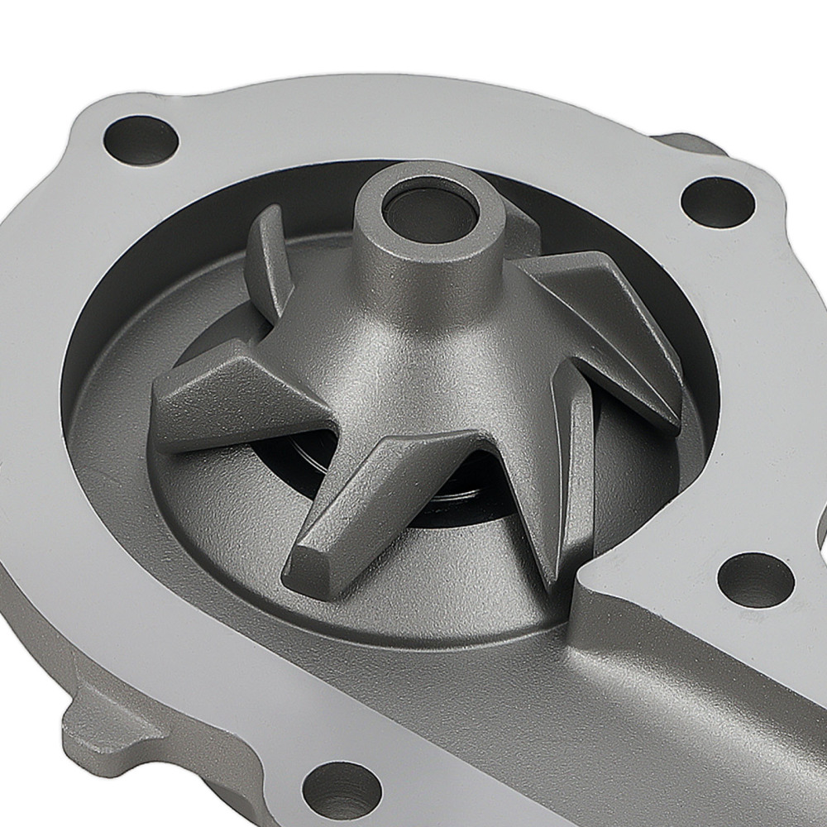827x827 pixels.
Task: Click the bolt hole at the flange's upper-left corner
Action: tap(141, 140)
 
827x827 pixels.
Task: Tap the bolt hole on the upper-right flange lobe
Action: tap(717, 202)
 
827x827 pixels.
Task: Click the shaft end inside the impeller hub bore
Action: tap(429, 214)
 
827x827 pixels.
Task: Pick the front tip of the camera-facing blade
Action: tap(310, 571)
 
